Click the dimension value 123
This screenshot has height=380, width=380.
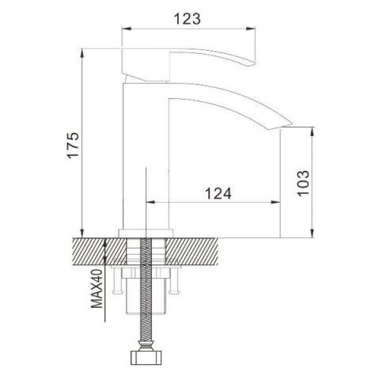[x=187, y=19]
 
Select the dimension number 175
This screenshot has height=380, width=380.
[x=73, y=145]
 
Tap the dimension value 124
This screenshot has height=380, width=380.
[x=218, y=193]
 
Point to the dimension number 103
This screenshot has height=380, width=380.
[x=303, y=183]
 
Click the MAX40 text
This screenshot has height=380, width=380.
[x=97, y=288]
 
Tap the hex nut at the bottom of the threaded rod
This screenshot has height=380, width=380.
[x=146, y=357]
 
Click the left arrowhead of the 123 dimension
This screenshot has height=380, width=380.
[x=126, y=28]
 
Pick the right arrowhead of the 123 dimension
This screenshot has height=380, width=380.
[x=251, y=28]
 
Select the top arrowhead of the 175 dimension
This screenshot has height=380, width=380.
[x=82, y=54]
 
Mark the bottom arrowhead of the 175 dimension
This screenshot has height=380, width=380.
[x=82, y=233]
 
